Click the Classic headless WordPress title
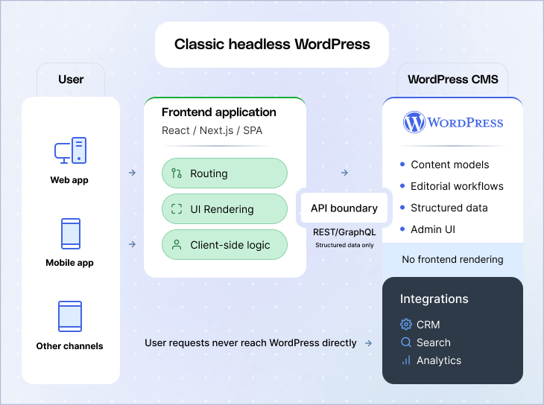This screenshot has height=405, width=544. tap(272, 44)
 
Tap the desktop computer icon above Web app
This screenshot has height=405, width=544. tap(70, 151)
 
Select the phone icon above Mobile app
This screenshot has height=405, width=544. tap(70, 234)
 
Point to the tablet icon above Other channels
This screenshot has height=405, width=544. tap(70, 316)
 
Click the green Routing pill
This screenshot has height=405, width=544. tap(224, 173)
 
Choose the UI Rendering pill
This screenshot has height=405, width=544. tap(224, 209)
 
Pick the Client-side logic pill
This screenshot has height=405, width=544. tap(224, 245)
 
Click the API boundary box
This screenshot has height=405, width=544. tap(344, 208)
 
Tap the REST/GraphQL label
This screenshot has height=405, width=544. tap(344, 232)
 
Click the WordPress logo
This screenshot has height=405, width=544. tap(453, 122)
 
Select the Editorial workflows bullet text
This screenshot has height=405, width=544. tap(457, 186)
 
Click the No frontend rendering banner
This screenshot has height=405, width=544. tap(452, 260)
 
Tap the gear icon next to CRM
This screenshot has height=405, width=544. tap(406, 325)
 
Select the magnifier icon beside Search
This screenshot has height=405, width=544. tap(406, 342)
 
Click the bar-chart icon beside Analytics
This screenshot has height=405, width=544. tap(406, 360)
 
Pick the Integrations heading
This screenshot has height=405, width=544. tap(434, 299)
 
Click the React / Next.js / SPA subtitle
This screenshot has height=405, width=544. tap(212, 130)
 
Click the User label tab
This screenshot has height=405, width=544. tap(71, 80)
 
